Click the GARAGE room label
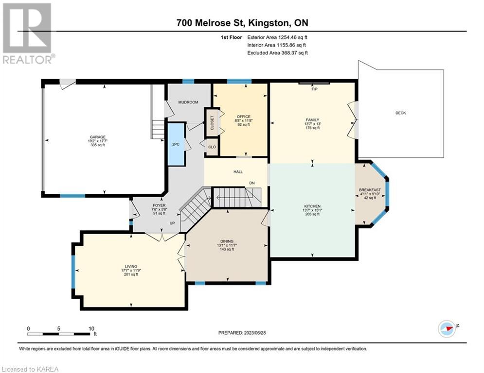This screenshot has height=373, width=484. click(98, 137)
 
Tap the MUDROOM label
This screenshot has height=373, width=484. click(188, 102)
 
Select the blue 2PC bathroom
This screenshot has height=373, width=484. click(176, 144)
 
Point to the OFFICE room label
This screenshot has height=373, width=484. click(244, 117)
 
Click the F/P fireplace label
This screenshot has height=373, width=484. click(315, 89)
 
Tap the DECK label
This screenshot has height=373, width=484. click(401, 113)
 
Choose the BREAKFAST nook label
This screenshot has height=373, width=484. click(370, 190)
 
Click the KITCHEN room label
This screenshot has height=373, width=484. click(312, 206)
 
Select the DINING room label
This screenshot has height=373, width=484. click(227, 241)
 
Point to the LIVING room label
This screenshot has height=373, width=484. click(131, 266)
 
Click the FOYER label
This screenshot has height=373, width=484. click(159, 205)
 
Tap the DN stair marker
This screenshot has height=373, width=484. click(252, 183)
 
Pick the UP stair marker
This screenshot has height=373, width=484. click(172, 223)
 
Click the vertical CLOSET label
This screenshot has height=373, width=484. click(212, 123)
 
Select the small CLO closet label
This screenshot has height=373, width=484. click(212, 147)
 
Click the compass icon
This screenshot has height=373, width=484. click(447, 329)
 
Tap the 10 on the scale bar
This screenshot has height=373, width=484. click(91, 329)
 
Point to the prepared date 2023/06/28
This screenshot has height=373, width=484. click(254, 333)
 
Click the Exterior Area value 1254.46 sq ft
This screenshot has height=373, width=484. click(293, 37)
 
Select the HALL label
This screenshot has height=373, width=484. click(238, 172)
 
